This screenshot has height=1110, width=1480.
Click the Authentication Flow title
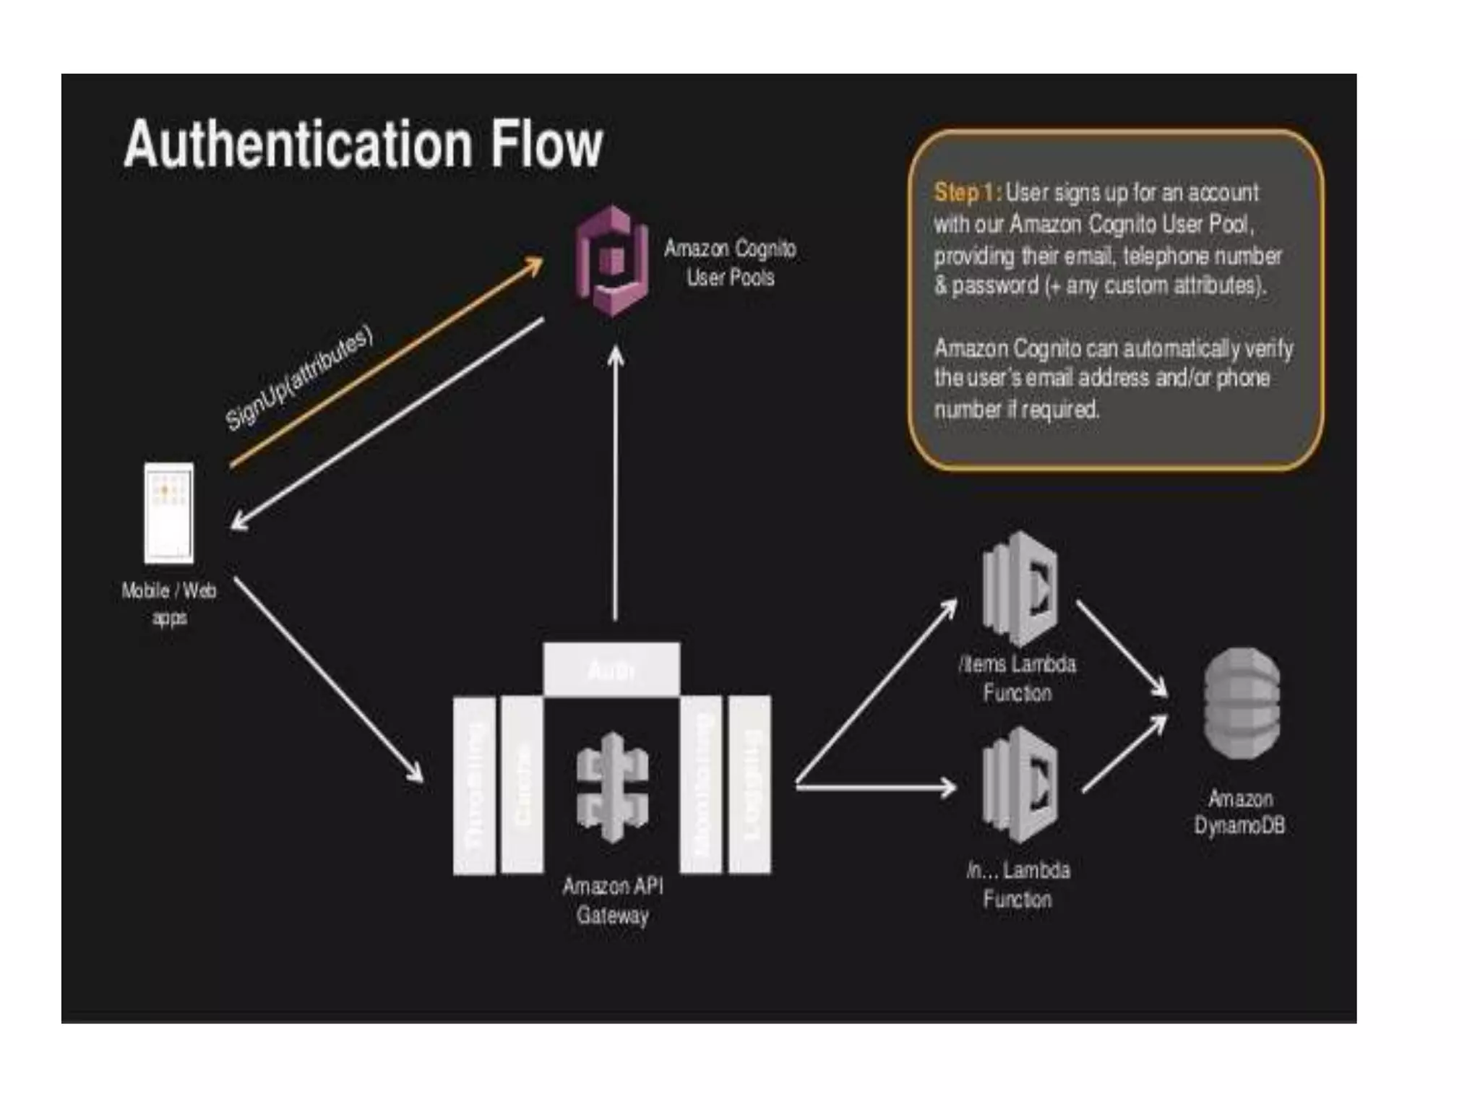point(363,145)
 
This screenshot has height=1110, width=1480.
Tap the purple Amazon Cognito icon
point(611,262)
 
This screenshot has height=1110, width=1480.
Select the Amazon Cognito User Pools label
point(730,263)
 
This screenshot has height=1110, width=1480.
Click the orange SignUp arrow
point(387,361)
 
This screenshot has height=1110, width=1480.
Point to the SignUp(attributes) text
point(299,377)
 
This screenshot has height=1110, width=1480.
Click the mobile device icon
point(169,513)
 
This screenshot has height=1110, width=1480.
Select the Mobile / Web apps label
point(169,604)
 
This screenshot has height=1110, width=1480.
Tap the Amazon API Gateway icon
point(612,788)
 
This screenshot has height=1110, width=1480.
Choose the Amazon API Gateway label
point(612,900)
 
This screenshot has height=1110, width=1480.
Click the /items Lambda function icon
point(1020,589)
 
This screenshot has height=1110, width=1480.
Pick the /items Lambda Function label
point(1017,679)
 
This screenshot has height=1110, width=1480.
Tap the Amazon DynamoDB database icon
point(1242,703)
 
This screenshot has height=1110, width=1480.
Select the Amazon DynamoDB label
point(1240,812)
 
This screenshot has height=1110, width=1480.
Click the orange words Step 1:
point(967,192)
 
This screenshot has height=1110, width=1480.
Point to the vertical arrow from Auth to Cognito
point(616,484)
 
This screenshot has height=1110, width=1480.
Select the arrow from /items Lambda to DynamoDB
point(1122,648)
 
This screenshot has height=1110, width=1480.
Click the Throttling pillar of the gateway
point(474,786)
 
